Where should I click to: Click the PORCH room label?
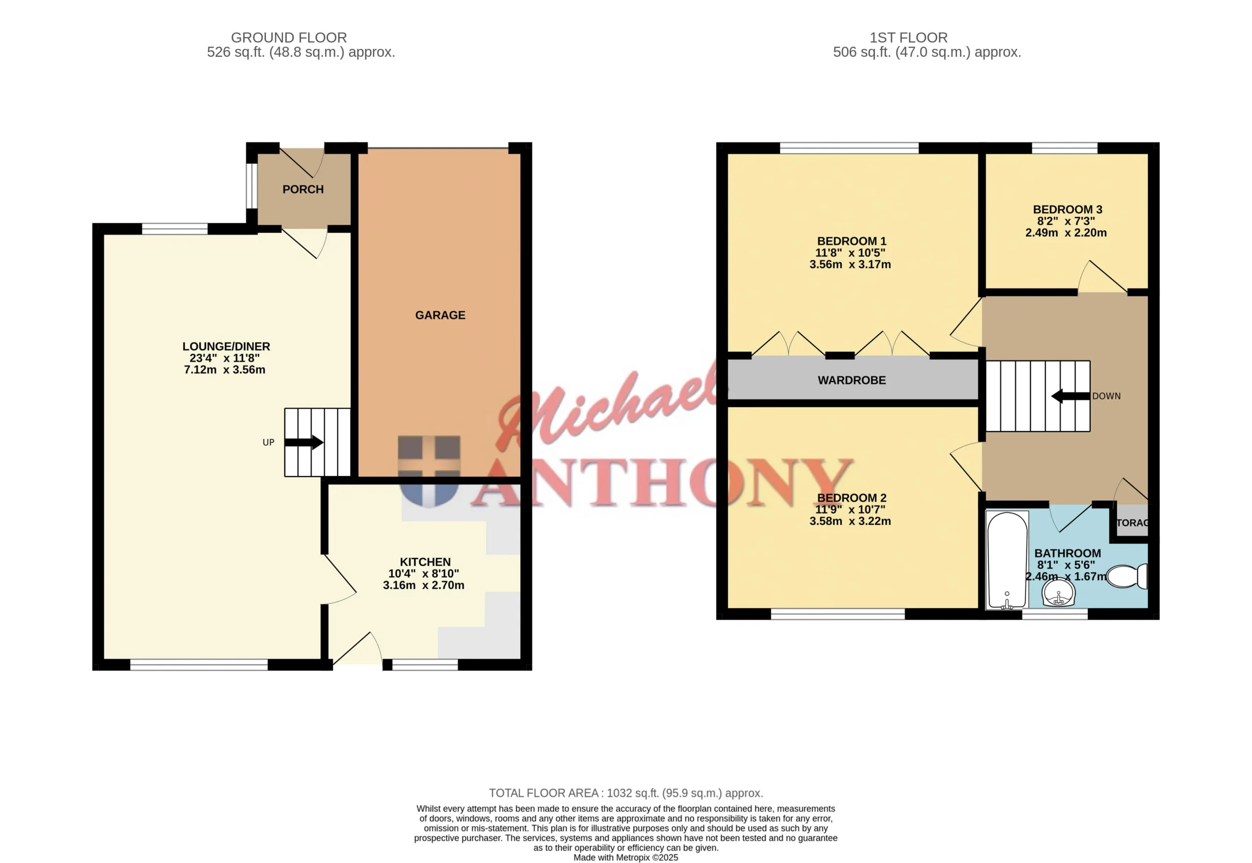click(303, 189)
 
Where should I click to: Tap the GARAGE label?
click(440, 315)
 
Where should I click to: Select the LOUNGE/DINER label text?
click(226, 346)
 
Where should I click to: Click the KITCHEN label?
click(425, 562)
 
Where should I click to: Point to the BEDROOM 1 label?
click(851, 241)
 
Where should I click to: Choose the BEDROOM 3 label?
click(1067, 209)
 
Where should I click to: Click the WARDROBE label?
click(851, 380)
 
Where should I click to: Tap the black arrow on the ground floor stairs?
click(304, 443)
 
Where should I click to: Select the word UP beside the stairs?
click(268, 442)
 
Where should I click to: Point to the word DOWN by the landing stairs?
click(1106, 396)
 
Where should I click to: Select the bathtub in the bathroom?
click(1006, 560)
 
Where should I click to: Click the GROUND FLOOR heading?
click(289, 37)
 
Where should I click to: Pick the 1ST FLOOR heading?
click(908, 37)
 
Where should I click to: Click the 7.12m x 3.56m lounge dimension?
click(224, 370)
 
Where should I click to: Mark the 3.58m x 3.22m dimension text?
click(850, 521)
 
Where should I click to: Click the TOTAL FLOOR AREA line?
click(626, 793)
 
